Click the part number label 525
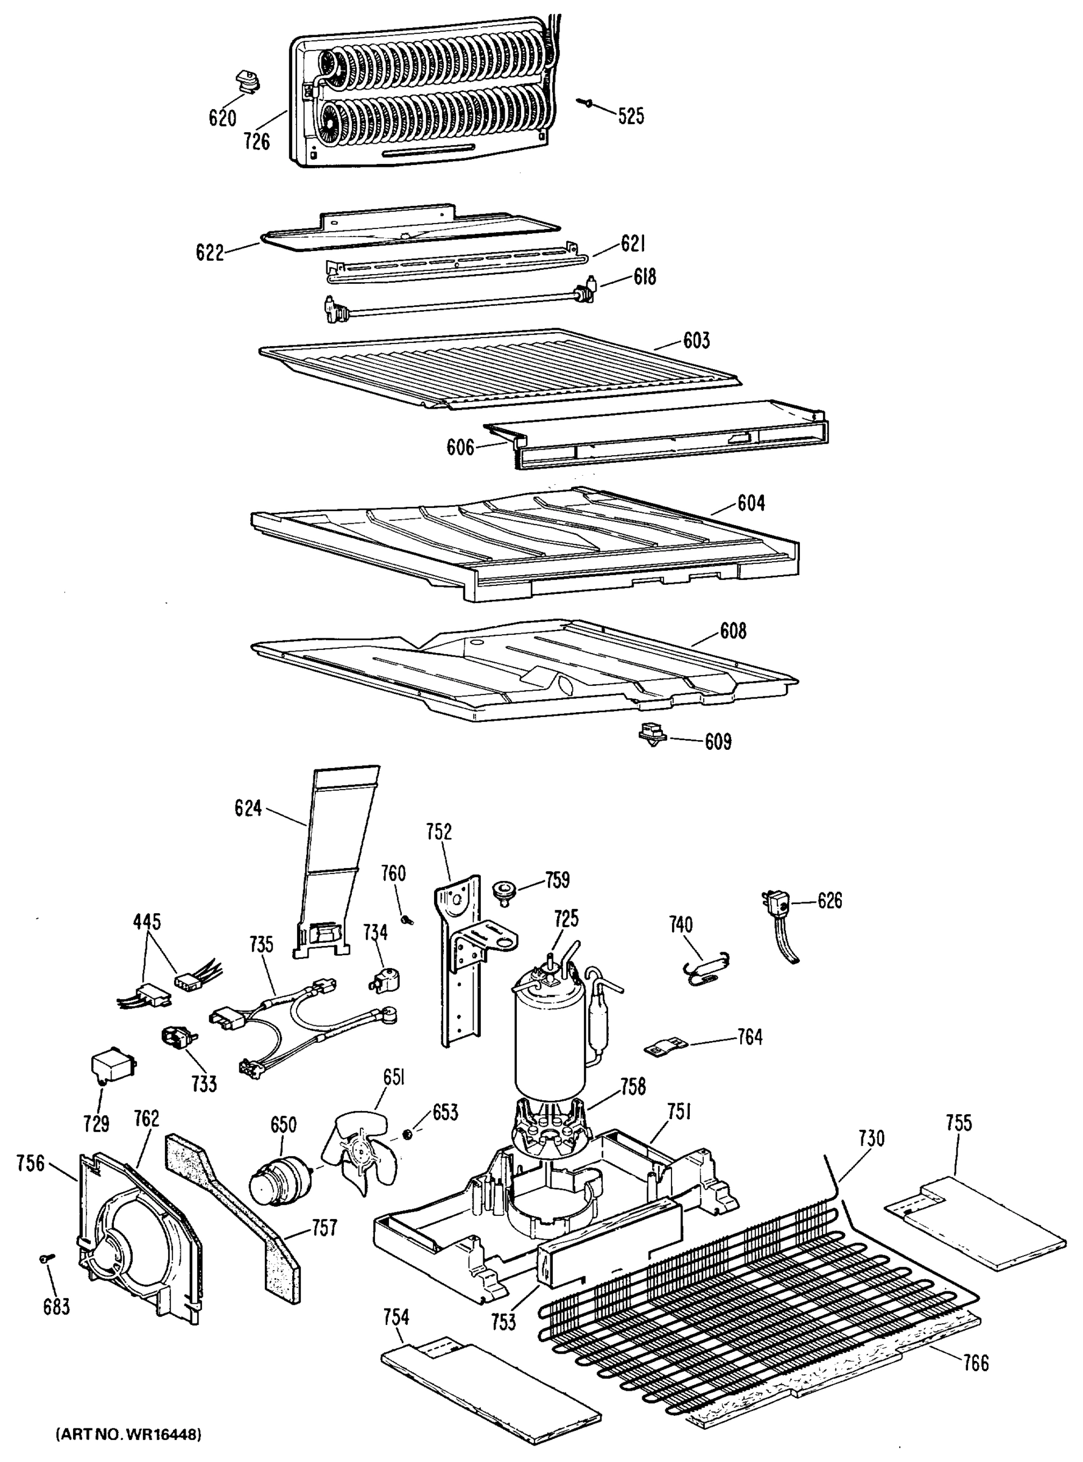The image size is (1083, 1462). click(x=631, y=116)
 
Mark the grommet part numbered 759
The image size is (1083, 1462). click(x=503, y=891)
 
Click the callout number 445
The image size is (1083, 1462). click(x=146, y=922)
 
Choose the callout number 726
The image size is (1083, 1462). click(x=256, y=141)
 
